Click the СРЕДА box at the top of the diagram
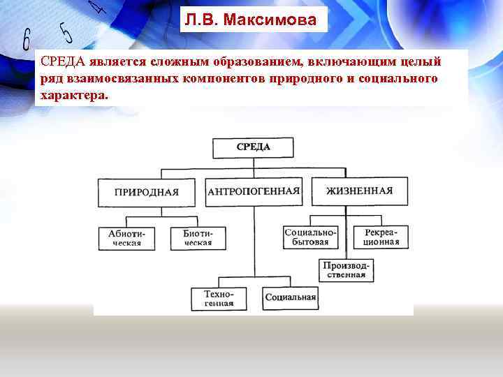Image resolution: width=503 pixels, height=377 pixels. (254, 147)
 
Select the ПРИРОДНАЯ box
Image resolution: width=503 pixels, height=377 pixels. (147, 192)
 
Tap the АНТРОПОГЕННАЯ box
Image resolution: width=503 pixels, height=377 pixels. (254, 191)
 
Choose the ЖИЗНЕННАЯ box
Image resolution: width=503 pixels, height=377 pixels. (358, 191)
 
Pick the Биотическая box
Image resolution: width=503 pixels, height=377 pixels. (198, 238)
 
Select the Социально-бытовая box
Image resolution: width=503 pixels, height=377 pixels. (311, 237)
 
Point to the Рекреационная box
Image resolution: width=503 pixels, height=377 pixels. (381, 237)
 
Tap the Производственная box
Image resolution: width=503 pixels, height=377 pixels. (353, 269)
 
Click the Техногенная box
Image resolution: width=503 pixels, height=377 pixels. (219, 299)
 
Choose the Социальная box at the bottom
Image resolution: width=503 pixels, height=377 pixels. (291, 298)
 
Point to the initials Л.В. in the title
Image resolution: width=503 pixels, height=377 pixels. (201, 20)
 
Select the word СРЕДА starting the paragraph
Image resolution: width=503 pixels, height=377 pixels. (62, 61)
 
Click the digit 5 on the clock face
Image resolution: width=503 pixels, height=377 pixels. (66, 31)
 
